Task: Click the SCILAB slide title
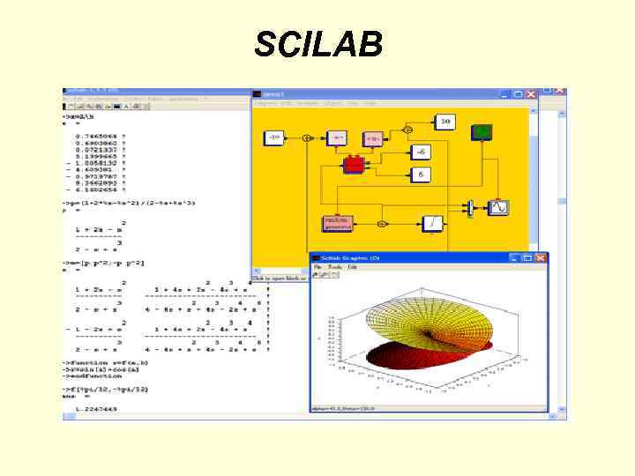(x=317, y=43)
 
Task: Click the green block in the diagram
(x=482, y=132)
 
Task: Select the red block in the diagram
(x=354, y=164)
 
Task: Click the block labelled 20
(x=446, y=121)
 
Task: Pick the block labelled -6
(x=422, y=152)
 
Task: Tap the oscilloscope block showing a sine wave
(x=499, y=207)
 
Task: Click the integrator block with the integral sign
(x=432, y=224)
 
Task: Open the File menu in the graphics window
(x=318, y=267)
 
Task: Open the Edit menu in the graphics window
(x=352, y=267)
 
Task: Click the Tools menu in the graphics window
(x=335, y=267)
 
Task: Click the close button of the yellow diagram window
(x=530, y=93)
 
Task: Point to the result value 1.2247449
(x=96, y=408)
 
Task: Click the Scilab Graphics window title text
(x=349, y=257)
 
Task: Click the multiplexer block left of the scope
(x=470, y=207)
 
